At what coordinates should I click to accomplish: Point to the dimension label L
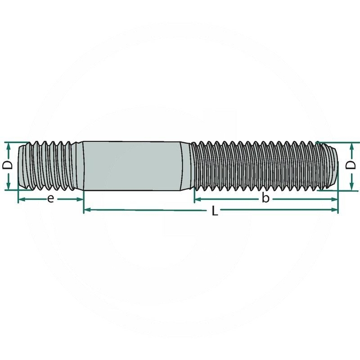point(215,211)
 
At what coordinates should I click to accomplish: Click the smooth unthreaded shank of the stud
point(133,165)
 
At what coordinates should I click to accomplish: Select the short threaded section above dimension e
point(52,165)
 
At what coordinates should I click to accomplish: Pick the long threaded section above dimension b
point(263,165)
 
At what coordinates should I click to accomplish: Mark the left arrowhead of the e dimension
point(21,199)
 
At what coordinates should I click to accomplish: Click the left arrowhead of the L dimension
point(87,210)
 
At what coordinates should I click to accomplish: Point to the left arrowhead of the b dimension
point(197,199)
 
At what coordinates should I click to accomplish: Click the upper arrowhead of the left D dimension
point(8,145)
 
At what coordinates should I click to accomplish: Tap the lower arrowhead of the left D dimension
point(8,186)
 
